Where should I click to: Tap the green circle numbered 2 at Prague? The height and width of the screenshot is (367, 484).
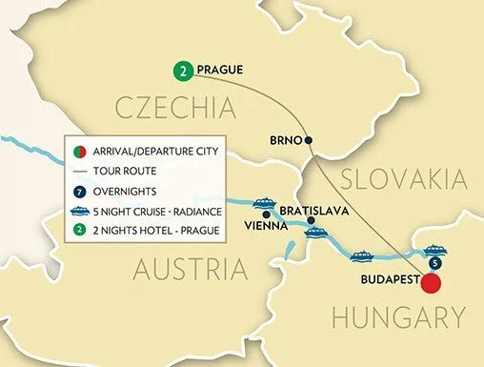[x=181, y=71]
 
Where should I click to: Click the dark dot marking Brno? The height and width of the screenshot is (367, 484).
[x=309, y=140]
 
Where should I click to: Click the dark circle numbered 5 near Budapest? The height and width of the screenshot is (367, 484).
[x=435, y=263]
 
